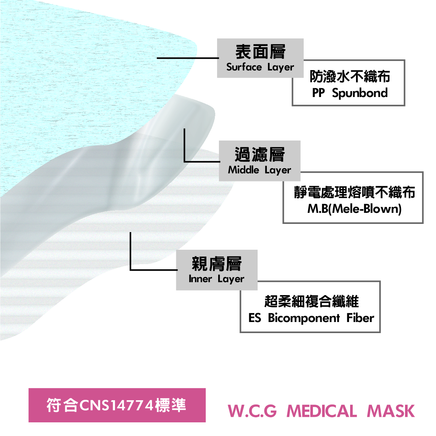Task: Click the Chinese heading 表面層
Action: pyautogui.click(x=260, y=52)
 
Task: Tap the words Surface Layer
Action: pyautogui.click(x=260, y=67)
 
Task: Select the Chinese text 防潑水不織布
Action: pyautogui.click(x=350, y=76)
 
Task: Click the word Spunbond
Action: pyautogui.click(x=360, y=93)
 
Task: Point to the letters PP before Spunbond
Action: pyautogui.click(x=318, y=93)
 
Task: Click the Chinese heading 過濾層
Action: pyautogui.click(x=260, y=155)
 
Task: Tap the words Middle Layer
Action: pyautogui.click(x=259, y=170)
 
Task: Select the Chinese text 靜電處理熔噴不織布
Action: pyautogui.click(x=354, y=192)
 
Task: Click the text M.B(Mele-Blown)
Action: pyautogui.click(x=354, y=209)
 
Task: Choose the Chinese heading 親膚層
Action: pyautogui.click(x=217, y=263)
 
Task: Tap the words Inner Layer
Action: pyautogui.click(x=216, y=279)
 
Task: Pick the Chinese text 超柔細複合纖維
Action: pyautogui.click(x=311, y=301)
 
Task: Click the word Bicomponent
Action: pyautogui.click(x=304, y=318)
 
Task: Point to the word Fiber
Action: pyautogui.click(x=360, y=318)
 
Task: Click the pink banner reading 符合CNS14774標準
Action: pyautogui.click(x=117, y=405)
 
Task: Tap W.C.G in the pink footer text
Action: pyautogui.click(x=252, y=411)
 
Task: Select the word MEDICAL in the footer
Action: pyautogui.click(x=321, y=411)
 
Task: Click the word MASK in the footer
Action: pyautogui.click(x=391, y=411)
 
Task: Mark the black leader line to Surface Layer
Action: pyautogui.click(x=188, y=58)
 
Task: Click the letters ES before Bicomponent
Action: pyautogui.click(x=255, y=318)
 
